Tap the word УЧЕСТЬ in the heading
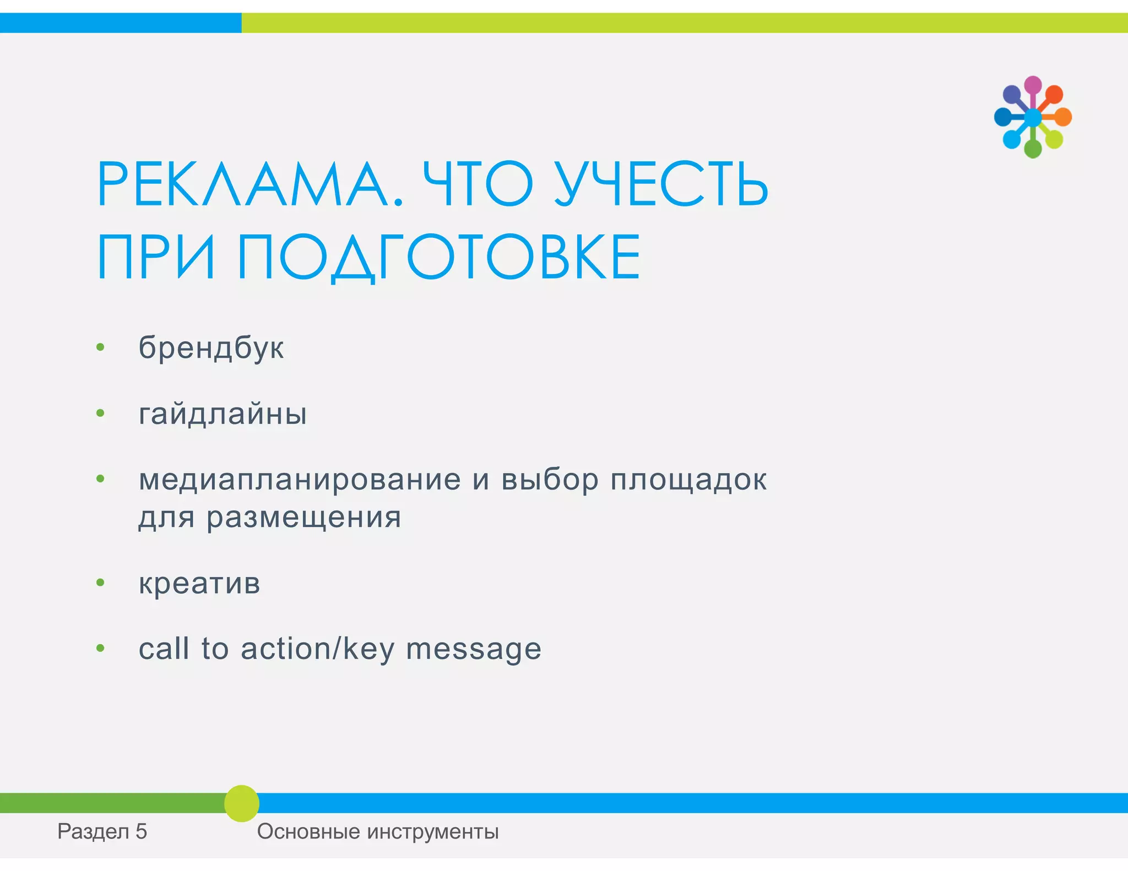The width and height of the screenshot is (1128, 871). click(661, 184)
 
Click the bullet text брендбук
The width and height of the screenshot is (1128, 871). click(211, 347)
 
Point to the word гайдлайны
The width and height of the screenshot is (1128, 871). click(223, 413)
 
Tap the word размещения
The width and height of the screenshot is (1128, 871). click(304, 517)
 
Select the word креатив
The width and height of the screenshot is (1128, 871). click(199, 583)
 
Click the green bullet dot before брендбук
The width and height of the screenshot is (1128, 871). click(100, 347)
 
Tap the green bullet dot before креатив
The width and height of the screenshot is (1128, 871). click(100, 583)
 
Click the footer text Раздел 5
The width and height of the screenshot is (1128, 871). click(102, 831)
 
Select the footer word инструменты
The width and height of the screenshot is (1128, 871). click(432, 831)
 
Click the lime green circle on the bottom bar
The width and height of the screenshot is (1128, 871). click(241, 803)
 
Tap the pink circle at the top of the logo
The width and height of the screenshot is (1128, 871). click(1033, 85)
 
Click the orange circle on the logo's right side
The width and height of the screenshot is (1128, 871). click(1063, 117)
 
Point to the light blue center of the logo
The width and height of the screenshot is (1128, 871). click(1033, 117)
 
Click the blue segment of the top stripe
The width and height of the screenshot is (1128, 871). click(121, 23)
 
